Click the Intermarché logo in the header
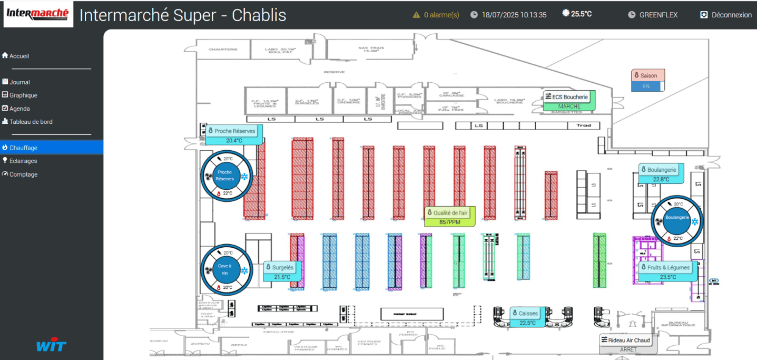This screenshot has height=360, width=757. click(x=38, y=14)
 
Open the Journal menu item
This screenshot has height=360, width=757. click(x=19, y=82)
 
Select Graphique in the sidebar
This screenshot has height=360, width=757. click(x=23, y=95)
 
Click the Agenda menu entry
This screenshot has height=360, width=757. click(x=19, y=109)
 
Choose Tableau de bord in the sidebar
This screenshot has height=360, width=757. click(x=31, y=122)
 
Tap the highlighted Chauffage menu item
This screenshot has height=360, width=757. click(x=23, y=148)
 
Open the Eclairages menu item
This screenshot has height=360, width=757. click(x=23, y=161)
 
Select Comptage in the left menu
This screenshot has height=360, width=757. click(x=23, y=174)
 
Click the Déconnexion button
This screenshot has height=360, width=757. click(x=725, y=15)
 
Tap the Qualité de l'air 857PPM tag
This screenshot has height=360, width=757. click(x=450, y=217)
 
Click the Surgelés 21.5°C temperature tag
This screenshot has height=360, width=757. click(x=282, y=272)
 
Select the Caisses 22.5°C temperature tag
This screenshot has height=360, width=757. click(x=527, y=318)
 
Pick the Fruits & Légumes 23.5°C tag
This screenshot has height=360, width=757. click(x=667, y=272)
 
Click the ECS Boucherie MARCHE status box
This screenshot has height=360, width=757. click(x=569, y=101)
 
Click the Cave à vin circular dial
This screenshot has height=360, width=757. click(x=225, y=270)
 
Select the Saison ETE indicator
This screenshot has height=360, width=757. click(x=648, y=80)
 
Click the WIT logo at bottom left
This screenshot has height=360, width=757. click(x=51, y=345)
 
